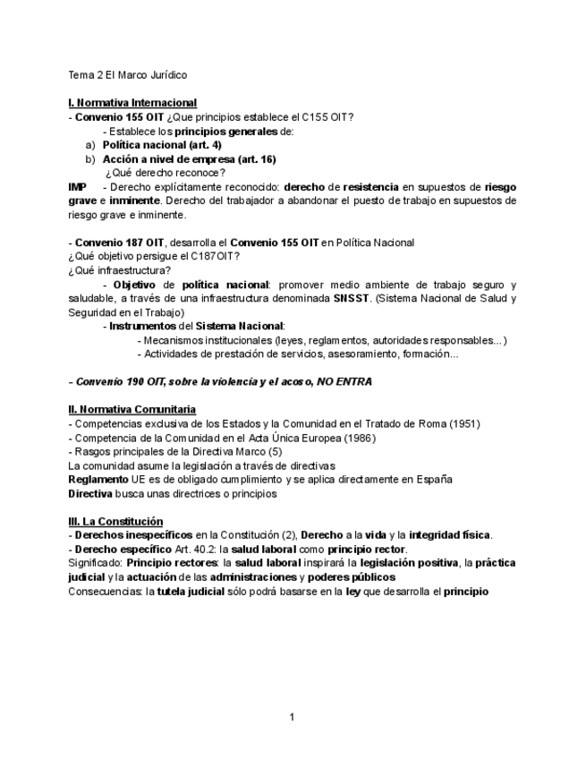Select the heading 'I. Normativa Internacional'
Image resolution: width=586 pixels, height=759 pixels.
132,104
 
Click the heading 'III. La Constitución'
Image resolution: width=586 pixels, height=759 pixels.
115,521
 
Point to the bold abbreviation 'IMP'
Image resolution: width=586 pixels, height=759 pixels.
78,187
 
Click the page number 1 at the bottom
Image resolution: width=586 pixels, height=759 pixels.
292,717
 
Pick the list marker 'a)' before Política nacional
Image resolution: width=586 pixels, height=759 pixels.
90,145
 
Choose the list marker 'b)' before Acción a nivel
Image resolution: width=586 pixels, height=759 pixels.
90,159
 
